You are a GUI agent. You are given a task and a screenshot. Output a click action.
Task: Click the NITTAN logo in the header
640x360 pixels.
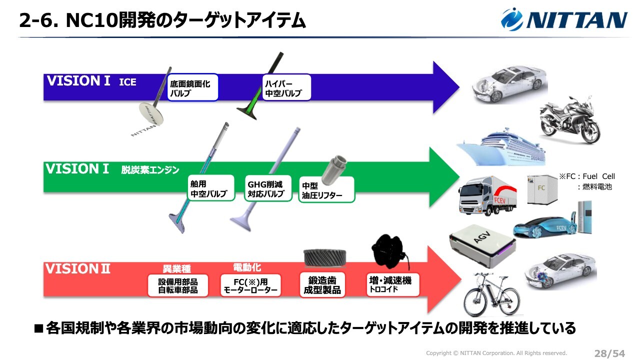point(564,19)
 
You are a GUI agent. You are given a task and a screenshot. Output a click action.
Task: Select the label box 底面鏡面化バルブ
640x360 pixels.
point(192,88)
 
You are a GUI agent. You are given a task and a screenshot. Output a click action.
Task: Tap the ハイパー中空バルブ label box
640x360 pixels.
point(286,88)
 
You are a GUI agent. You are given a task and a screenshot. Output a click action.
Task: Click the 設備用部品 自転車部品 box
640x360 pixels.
point(178,285)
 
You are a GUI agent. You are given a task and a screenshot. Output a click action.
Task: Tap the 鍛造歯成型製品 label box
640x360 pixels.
point(322,285)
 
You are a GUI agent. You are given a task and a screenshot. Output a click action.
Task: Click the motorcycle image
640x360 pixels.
point(570,120)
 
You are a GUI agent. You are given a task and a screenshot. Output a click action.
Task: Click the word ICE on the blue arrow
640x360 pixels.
point(127,82)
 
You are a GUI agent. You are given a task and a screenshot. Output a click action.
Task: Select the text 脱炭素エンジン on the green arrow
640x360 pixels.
point(150,170)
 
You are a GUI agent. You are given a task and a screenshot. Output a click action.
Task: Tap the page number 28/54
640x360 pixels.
point(609,353)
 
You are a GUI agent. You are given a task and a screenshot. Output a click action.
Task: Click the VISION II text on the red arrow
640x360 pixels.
point(77,269)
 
